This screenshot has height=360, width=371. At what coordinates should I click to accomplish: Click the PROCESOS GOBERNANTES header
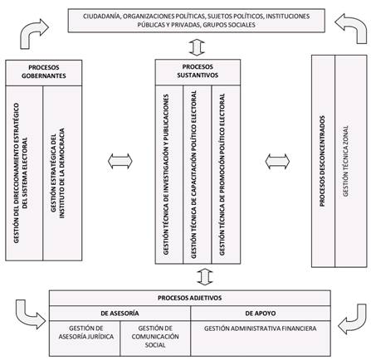pos(44,71)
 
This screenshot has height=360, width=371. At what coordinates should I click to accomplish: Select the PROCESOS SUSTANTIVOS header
pos(198,71)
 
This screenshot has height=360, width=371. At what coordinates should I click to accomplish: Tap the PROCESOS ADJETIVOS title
pos(190,298)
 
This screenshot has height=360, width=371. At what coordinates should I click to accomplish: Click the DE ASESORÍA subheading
pos(120,314)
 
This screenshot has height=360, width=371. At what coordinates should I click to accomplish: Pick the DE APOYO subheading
pos(261,314)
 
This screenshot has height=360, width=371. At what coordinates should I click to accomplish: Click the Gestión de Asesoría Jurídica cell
pos(86,333)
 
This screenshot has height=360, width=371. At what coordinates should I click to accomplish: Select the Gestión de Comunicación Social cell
pos(155,337)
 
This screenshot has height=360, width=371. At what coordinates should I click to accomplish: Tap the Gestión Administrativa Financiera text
pos(261,328)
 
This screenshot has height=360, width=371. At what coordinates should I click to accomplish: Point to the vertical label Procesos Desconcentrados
pos(322,161)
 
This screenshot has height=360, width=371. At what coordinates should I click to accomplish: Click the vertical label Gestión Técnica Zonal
pos(346,161)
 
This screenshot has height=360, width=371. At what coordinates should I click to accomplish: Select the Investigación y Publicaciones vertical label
pos(166,174)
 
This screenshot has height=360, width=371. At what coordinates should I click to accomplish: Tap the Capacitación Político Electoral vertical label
pos(194,174)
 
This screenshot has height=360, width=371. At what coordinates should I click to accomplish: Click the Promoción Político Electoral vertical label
pos(222,174)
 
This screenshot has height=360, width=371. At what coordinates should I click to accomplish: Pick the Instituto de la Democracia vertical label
pos(58,173)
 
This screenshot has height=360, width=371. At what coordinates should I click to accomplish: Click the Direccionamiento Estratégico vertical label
pos(21,173)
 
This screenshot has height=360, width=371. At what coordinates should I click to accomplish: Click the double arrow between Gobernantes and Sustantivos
pos(120,161)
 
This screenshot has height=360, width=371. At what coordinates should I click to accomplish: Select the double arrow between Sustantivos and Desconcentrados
pos(277,161)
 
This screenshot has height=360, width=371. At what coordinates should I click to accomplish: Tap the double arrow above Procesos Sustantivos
pos(197,47)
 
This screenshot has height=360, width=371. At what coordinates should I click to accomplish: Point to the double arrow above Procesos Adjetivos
pos(205,277)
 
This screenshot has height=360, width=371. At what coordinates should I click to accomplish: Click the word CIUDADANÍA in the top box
pos(102,17)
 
